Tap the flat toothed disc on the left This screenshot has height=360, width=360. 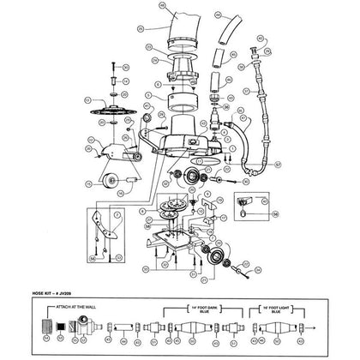pyautogui.click(x=115, y=111)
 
